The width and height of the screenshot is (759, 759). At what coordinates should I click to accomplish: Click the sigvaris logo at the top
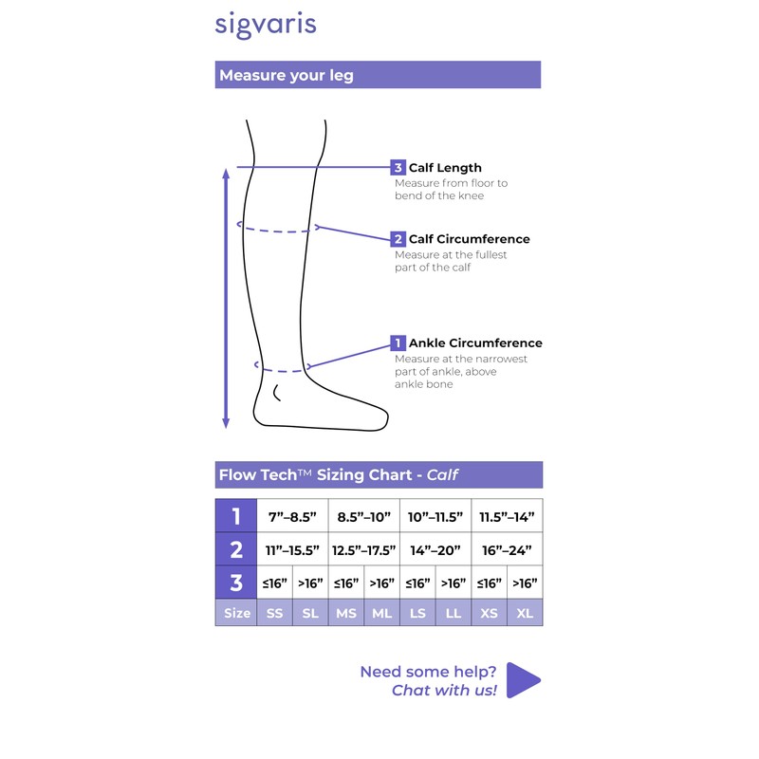pos(265,25)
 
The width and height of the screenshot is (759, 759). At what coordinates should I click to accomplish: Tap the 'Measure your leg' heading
pos(287,75)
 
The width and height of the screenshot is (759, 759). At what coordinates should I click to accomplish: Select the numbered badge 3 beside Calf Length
pos(398,168)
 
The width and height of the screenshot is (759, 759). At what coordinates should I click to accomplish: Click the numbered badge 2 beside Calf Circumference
pos(398,239)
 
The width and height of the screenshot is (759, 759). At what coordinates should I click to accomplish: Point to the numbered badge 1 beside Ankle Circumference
pos(398,342)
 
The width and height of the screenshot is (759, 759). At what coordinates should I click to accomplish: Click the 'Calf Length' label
pos(445,168)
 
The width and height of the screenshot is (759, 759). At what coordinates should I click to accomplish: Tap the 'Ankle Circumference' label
pos(475,342)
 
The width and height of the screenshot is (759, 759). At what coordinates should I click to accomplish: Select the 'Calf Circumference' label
pos(469,239)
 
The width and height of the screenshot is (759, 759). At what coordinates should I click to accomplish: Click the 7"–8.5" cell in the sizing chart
pos(292,516)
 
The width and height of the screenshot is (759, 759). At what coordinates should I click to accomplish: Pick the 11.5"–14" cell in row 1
pos(507,516)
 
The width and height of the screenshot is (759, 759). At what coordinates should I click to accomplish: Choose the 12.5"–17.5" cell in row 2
pos(363,549)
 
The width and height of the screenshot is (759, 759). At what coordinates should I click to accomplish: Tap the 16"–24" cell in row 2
pos(507,549)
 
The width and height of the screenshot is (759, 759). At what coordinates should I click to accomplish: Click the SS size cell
pos(274,613)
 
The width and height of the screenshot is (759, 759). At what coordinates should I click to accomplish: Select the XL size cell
pos(525,613)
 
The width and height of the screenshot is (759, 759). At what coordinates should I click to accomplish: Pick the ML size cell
pos(381,613)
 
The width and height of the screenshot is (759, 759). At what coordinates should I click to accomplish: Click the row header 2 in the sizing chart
pos(236,549)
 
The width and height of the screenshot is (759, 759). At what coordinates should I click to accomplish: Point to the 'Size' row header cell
pos(236,613)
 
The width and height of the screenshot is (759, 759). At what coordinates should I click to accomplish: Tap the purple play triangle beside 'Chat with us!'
pos(522,679)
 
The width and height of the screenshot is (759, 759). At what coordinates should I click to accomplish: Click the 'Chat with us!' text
pos(444,691)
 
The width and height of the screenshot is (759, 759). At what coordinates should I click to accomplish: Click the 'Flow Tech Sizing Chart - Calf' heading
pos(340,474)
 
